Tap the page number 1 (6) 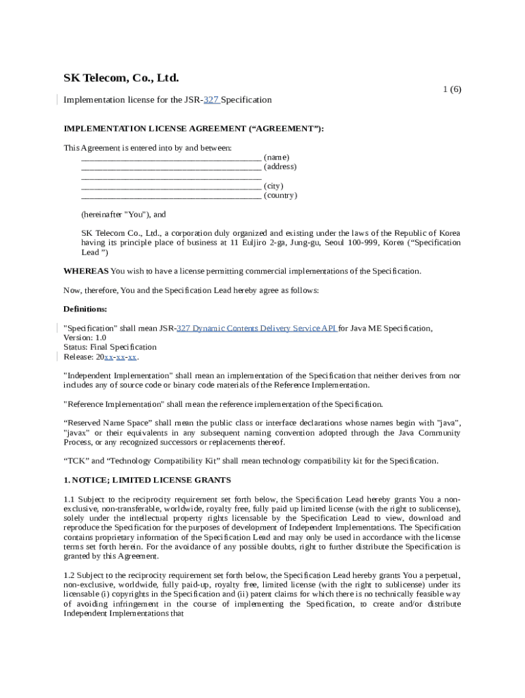point(452,89)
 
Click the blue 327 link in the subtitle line point(211,100)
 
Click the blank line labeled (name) point(170,157)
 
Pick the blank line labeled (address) point(170,167)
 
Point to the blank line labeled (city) point(170,186)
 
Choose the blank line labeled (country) point(170,196)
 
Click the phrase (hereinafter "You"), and point(123,214)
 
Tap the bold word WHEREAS point(86,271)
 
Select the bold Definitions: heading point(85,309)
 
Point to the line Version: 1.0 point(85,337)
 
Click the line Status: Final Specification point(110,347)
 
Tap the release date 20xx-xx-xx point(117,356)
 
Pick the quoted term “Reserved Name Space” point(106,423)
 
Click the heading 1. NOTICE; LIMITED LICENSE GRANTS point(147,480)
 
